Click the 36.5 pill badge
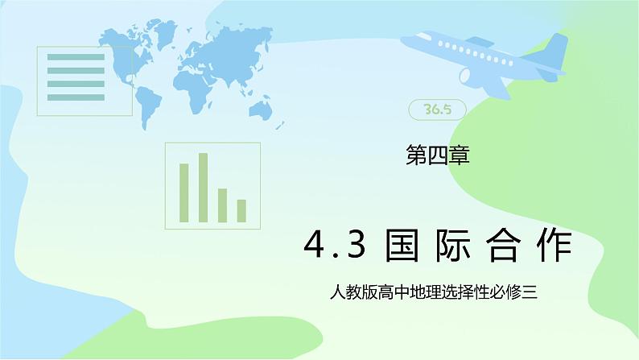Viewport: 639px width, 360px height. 437,110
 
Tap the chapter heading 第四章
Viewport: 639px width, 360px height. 438,155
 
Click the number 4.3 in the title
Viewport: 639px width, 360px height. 335,245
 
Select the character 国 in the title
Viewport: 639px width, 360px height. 402,246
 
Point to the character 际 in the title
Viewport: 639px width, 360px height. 453,246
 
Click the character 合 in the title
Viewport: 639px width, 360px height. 503,246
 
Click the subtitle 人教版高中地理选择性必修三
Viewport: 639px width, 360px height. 434,292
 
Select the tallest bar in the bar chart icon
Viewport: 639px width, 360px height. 203,188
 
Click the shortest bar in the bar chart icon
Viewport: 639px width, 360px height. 241,211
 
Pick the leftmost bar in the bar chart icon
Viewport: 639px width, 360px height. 183,192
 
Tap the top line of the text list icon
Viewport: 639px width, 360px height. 76,57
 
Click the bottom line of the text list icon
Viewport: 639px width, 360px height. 76,97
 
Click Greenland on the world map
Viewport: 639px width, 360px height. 164,31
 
